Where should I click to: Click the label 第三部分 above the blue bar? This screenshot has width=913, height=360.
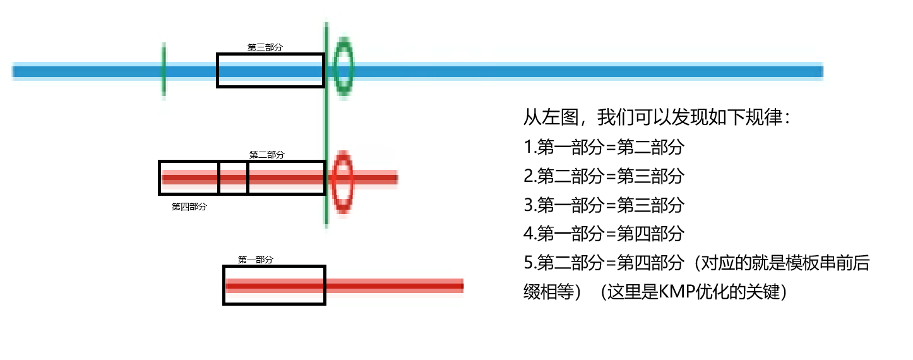click(x=265, y=47)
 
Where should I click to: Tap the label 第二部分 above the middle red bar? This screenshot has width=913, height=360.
click(x=266, y=155)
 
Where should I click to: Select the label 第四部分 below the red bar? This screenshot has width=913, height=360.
click(x=189, y=207)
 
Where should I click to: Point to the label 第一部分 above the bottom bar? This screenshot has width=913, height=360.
click(x=256, y=260)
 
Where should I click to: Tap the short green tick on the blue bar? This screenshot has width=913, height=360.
click(x=164, y=71)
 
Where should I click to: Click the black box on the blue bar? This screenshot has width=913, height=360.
click(x=270, y=70)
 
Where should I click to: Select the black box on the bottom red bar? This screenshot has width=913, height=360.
click(x=275, y=285)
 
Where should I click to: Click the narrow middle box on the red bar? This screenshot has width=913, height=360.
click(x=233, y=178)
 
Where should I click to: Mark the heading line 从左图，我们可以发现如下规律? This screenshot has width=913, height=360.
click(x=657, y=117)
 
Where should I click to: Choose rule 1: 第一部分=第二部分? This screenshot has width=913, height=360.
click(x=604, y=147)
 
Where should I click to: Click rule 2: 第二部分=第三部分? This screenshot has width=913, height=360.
click(x=604, y=176)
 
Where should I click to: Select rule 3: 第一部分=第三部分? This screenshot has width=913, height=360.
click(x=604, y=205)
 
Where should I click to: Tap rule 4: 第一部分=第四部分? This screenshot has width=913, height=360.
click(x=604, y=234)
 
